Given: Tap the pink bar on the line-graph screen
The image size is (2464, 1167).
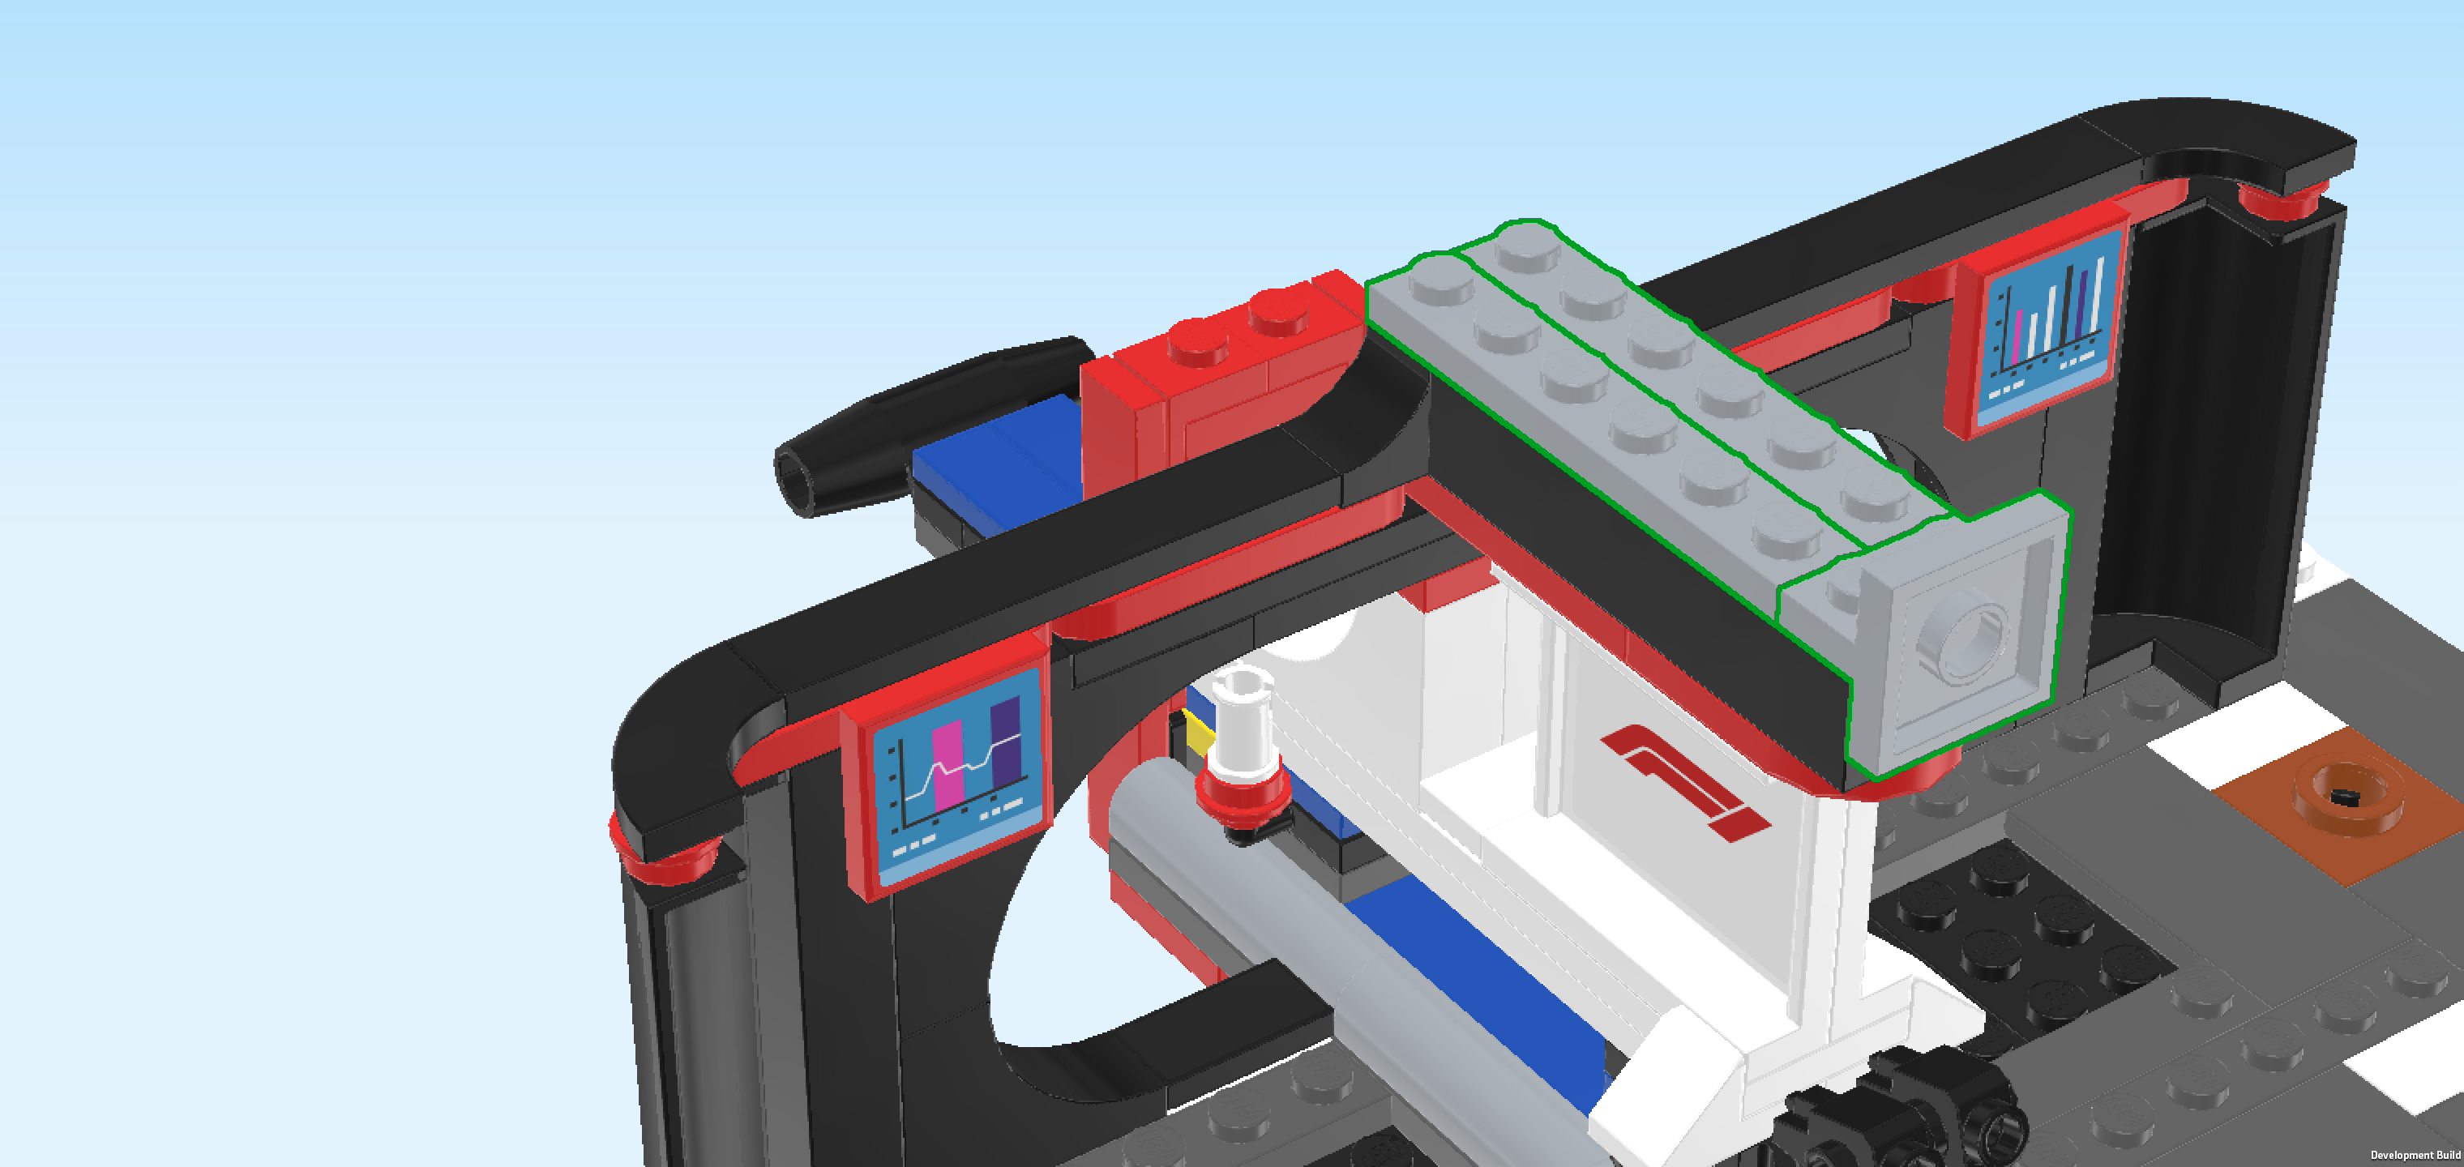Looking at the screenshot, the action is (947, 765).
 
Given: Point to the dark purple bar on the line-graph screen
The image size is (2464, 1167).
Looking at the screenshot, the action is (1005, 742).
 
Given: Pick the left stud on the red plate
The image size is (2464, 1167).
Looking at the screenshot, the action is (1198, 339).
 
